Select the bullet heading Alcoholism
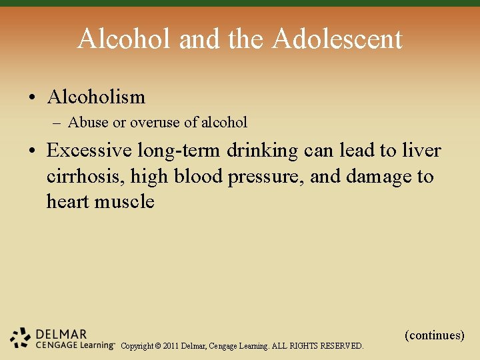[96, 97]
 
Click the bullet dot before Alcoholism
[33, 98]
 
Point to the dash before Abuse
[58, 123]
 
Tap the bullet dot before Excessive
[33, 151]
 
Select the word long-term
[186, 151]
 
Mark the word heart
[68, 201]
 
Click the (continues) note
[434, 335]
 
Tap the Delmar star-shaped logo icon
[21, 339]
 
